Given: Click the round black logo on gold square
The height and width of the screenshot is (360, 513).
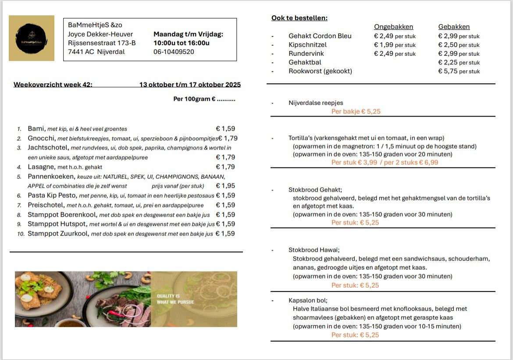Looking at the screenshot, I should (x=31, y=38).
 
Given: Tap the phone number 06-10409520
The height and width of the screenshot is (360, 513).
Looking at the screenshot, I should (x=174, y=52).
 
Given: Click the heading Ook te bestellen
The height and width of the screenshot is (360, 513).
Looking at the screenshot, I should (x=299, y=18).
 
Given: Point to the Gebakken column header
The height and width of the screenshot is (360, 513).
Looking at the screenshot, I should (x=454, y=27).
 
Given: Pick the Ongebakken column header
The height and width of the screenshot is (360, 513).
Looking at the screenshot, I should (x=393, y=27).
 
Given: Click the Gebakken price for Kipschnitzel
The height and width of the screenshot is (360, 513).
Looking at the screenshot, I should (x=448, y=45).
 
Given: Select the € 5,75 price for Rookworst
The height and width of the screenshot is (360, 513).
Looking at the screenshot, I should (x=448, y=71).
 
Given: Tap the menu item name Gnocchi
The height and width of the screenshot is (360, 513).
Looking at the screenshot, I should (x=41, y=138).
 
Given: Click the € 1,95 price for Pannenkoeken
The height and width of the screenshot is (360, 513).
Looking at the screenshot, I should (x=225, y=186).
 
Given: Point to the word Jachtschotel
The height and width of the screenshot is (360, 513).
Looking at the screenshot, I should (x=48, y=148).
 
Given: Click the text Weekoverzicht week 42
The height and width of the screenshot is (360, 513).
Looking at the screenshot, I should (x=53, y=85).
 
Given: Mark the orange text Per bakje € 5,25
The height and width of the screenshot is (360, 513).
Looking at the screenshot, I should (x=356, y=111).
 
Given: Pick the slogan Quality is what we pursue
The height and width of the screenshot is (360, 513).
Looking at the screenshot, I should (x=175, y=299).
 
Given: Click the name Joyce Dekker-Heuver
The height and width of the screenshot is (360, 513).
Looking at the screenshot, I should (x=100, y=34).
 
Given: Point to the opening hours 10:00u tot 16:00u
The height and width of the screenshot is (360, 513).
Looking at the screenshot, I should (x=181, y=43).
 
